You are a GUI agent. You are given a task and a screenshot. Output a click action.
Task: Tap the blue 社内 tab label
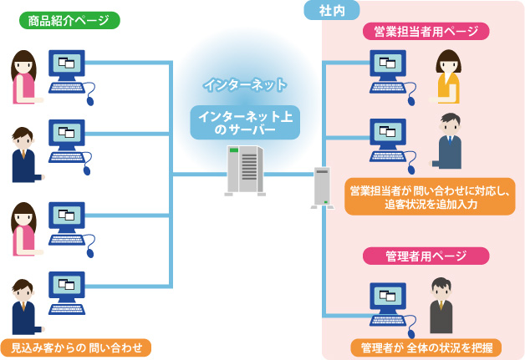(x=339, y=10)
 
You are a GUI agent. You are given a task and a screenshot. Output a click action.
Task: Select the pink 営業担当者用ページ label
(x=426, y=32)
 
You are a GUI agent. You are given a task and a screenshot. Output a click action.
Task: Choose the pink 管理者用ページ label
(x=426, y=256)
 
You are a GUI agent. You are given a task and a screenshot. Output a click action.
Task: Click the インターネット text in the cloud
(x=245, y=84)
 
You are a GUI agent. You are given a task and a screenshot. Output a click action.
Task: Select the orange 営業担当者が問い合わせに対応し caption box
(x=430, y=196)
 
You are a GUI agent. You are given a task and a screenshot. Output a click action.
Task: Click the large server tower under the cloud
(x=245, y=170)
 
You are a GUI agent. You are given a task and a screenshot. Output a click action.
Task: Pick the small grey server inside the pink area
(x=323, y=186)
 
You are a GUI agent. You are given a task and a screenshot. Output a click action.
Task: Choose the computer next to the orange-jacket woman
(x=388, y=71)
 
